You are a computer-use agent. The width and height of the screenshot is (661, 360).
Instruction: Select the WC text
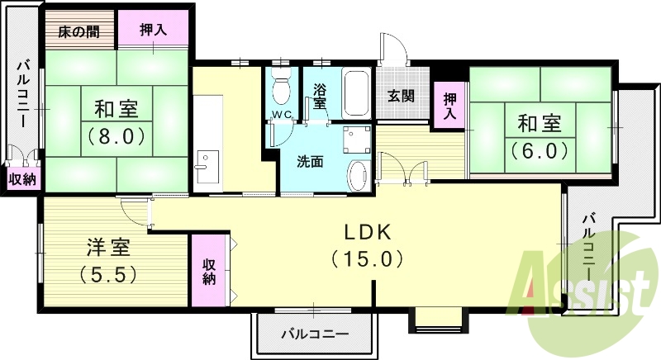pos(281,115)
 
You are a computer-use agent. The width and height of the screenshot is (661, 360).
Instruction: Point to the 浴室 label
pos(320,97)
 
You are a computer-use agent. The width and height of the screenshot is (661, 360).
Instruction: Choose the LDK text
pos(368,233)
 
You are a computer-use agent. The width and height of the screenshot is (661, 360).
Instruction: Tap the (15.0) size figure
pos(368,259)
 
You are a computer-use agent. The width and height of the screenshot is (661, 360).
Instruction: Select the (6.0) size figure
pos(540,151)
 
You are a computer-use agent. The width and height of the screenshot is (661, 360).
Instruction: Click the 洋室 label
pos(106,246)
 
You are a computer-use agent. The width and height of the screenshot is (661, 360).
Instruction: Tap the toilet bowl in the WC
pos(281,86)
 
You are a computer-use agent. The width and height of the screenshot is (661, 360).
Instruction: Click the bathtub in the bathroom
pos(356,93)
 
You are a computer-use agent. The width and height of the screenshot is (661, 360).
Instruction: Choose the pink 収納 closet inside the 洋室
pos(210,272)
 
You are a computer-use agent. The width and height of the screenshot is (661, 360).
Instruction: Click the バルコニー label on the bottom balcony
pos(314,334)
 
